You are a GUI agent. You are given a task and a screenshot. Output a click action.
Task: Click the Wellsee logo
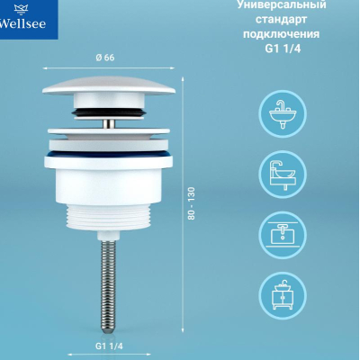22,18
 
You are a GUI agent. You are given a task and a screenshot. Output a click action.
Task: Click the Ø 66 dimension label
105,58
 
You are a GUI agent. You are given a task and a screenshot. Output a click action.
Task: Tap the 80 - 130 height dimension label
192,203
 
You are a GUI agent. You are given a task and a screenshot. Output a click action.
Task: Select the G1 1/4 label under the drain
109,346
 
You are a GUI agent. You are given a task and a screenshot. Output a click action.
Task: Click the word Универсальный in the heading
282,5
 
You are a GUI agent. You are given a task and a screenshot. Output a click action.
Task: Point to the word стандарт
281,19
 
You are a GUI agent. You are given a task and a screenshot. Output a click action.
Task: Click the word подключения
281,34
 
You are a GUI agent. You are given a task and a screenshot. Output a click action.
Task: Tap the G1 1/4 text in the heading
283,49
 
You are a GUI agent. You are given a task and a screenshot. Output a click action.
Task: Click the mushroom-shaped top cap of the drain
109,85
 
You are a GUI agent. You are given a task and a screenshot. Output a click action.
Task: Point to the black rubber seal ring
109,112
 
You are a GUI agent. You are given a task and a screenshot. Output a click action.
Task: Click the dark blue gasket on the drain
109,154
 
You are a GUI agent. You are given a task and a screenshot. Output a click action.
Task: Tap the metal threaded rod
108,286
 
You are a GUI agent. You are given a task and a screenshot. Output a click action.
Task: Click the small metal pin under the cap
109,124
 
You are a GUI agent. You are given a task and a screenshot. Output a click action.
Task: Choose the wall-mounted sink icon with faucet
283,114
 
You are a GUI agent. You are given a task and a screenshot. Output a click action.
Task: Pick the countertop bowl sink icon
283,175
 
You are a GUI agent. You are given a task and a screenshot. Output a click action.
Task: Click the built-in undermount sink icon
283,235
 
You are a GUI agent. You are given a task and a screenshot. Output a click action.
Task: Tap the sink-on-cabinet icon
283,295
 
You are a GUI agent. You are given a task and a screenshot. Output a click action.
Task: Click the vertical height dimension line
183,205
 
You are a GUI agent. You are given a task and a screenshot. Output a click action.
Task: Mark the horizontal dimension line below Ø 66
109,68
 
